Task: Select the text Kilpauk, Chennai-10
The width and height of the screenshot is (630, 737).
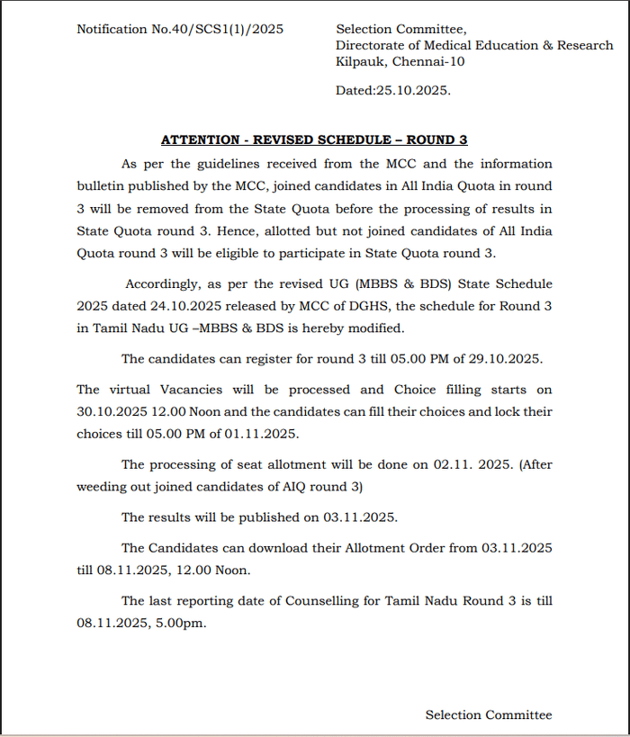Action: (x=400, y=61)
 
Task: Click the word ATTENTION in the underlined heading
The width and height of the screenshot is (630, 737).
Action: (x=200, y=140)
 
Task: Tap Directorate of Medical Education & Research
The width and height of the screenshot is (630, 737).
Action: (x=474, y=45)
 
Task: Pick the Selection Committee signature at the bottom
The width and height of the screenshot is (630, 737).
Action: (x=489, y=715)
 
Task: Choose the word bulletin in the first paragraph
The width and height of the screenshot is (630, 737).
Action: (x=103, y=186)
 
